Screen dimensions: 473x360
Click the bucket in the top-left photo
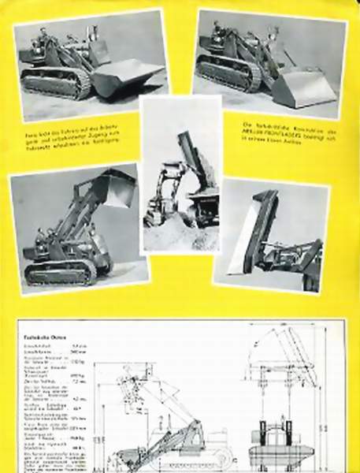pyautogui.click(x=126, y=76)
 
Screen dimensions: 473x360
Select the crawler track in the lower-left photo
pyautogui.click(x=60, y=272)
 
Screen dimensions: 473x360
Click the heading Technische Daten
pyautogui.click(x=39, y=335)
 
